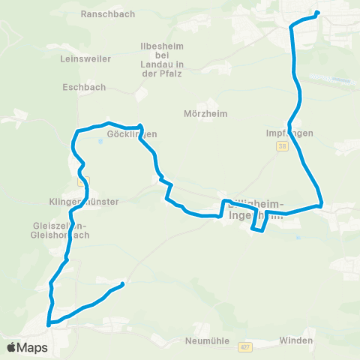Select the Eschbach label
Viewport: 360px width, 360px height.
pos(77,86)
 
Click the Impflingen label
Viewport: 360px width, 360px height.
pos(289,133)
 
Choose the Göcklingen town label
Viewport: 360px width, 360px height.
pos(132,134)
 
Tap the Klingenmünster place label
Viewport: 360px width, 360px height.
pos(79,202)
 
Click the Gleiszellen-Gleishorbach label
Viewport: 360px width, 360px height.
pos(61,229)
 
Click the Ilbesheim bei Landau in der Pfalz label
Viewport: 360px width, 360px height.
pos(168,61)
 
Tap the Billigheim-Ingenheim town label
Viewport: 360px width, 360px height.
pos(255,209)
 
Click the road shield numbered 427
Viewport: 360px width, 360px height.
pos(245,347)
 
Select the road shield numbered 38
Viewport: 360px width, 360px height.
pos(282,147)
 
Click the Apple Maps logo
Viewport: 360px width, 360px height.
pos(27,347)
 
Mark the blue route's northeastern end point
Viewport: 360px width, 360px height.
pos(318,13)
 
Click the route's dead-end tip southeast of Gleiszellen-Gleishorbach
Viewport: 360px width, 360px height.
pos(122,283)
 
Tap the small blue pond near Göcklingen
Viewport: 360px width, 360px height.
pos(100,139)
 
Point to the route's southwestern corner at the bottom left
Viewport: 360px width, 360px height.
pos(49,324)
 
